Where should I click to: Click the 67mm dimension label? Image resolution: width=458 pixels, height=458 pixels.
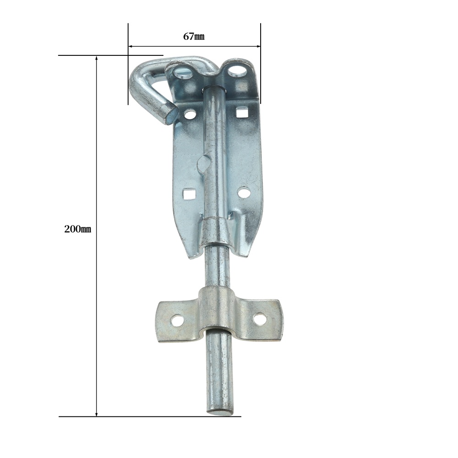(194, 37)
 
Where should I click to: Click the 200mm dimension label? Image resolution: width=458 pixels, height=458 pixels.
(78, 229)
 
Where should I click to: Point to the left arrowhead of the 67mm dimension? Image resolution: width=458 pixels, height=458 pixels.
(131, 46)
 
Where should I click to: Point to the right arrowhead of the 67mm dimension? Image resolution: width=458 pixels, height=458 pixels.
(258, 46)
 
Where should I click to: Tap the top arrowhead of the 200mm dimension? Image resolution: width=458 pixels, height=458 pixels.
(96, 58)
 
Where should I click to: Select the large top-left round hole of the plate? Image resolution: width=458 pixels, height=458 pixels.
(182, 73)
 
